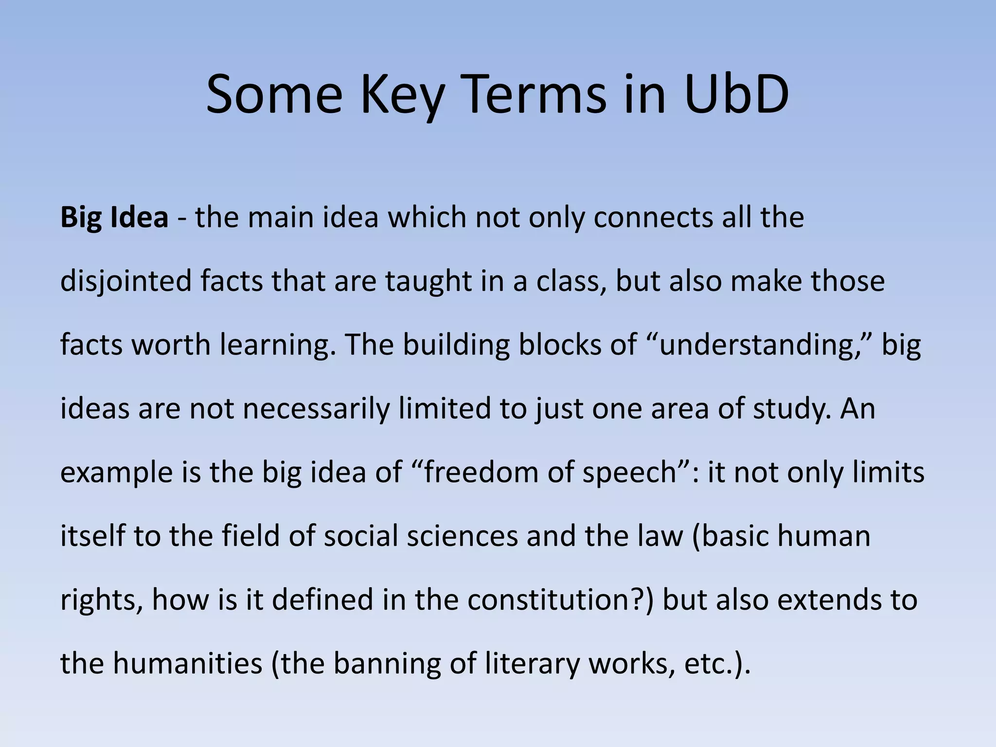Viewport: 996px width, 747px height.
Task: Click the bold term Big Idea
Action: [x=114, y=217]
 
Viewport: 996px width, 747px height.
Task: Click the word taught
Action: [x=428, y=281]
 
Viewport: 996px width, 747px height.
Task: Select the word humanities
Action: [x=188, y=663]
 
